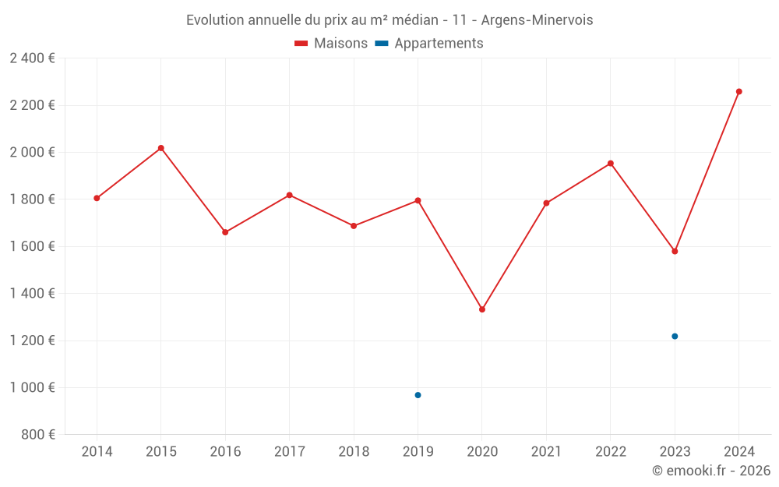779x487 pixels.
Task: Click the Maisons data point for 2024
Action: pyautogui.click(x=738, y=92)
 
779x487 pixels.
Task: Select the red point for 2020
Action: pyautogui.click(x=482, y=309)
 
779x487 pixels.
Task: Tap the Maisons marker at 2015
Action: pyautogui.click(x=160, y=148)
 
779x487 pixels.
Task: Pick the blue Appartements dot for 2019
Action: pyautogui.click(x=418, y=395)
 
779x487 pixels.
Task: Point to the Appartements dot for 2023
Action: pyautogui.click(x=675, y=337)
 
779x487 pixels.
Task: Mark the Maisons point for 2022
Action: pyautogui.click(x=611, y=164)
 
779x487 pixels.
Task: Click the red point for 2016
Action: pyautogui.click(x=225, y=232)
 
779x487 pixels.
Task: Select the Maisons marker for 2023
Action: pyautogui.click(x=675, y=251)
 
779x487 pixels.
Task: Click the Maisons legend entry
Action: pyautogui.click(x=331, y=44)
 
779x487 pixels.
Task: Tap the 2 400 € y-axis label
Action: pyautogui.click(x=32, y=58)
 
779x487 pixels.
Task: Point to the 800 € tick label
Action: pyautogui.click(x=37, y=435)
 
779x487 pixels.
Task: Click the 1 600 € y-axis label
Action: pyautogui.click(x=32, y=246)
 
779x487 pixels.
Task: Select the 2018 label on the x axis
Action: pyautogui.click(x=354, y=452)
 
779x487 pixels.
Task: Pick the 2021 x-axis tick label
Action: pyautogui.click(x=546, y=452)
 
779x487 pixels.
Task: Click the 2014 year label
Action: pyautogui.click(x=97, y=452)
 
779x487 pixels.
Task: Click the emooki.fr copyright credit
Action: pyautogui.click(x=711, y=471)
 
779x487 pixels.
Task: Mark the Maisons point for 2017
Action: pyautogui.click(x=289, y=195)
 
